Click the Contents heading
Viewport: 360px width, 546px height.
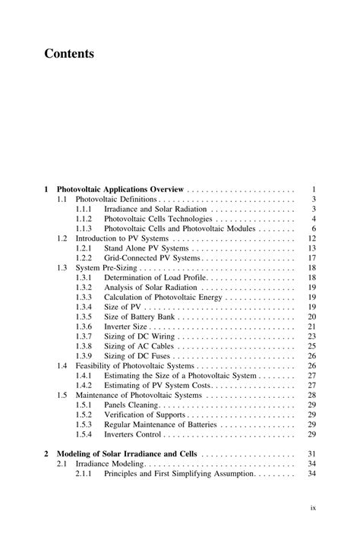click(x=68, y=54)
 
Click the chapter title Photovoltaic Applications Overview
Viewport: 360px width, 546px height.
click(x=120, y=188)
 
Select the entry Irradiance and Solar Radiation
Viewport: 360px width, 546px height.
click(x=156, y=209)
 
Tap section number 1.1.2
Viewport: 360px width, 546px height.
click(x=84, y=219)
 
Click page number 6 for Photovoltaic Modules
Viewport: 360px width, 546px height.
click(x=313, y=229)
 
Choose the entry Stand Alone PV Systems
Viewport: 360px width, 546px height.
click(x=146, y=248)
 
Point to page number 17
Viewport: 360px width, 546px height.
click(x=311, y=258)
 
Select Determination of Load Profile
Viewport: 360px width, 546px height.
click(x=155, y=278)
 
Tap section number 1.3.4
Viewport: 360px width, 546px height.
click(x=84, y=307)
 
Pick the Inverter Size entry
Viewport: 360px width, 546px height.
click(x=127, y=327)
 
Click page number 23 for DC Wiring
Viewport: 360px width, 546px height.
click(x=311, y=336)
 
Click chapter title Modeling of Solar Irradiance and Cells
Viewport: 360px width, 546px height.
click(x=132, y=454)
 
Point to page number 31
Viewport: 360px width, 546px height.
click(x=311, y=454)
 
